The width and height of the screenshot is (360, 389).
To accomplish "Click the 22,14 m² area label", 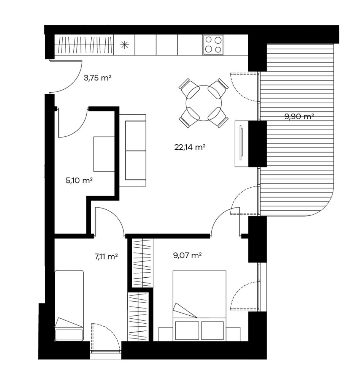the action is tap(190, 147).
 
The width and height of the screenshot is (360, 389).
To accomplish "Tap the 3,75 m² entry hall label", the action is tap(97, 78).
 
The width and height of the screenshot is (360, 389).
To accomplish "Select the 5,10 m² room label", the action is tap(79, 180).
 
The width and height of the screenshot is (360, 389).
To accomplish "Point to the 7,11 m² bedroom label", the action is tap(106, 256).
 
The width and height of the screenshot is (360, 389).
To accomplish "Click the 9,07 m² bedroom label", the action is tap(187, 255).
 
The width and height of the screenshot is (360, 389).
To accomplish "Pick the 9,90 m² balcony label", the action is tap(300, 116).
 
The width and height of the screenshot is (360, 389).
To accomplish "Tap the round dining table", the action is tap(204, 103).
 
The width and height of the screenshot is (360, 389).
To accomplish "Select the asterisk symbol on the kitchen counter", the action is tap(125, 45).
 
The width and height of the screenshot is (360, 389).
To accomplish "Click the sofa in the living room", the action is tap(133, 150).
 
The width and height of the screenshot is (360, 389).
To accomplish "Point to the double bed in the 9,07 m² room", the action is tap(199, 306).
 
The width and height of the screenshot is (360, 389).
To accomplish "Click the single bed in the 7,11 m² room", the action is tap(69, 306).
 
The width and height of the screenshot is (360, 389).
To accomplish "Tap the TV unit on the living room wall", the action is tap(241, 143).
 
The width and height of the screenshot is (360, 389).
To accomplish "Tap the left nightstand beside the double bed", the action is tap(166, 334).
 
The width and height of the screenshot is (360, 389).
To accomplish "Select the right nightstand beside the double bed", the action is tap(233, 334).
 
